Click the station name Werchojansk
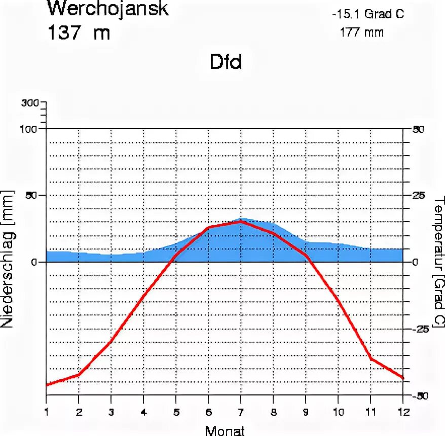tap(107, 9)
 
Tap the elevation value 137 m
tap(79, 33)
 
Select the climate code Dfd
tap(226, 62)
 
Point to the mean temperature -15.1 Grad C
tap(368, 14)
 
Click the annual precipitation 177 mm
tap(362, 32)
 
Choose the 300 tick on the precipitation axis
tap(30, 103)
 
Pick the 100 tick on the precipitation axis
tap(30, 128)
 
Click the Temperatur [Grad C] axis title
tap(438, 261)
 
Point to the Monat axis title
tap(225, 431)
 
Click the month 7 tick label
tap(241, 411)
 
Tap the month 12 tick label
tap(403, 411)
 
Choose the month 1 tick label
tap(46, 411)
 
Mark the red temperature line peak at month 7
tap(241, 222)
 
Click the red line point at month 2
tap(79, 375)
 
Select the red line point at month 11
tap(371, 359)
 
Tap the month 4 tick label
tap(143, 411)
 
